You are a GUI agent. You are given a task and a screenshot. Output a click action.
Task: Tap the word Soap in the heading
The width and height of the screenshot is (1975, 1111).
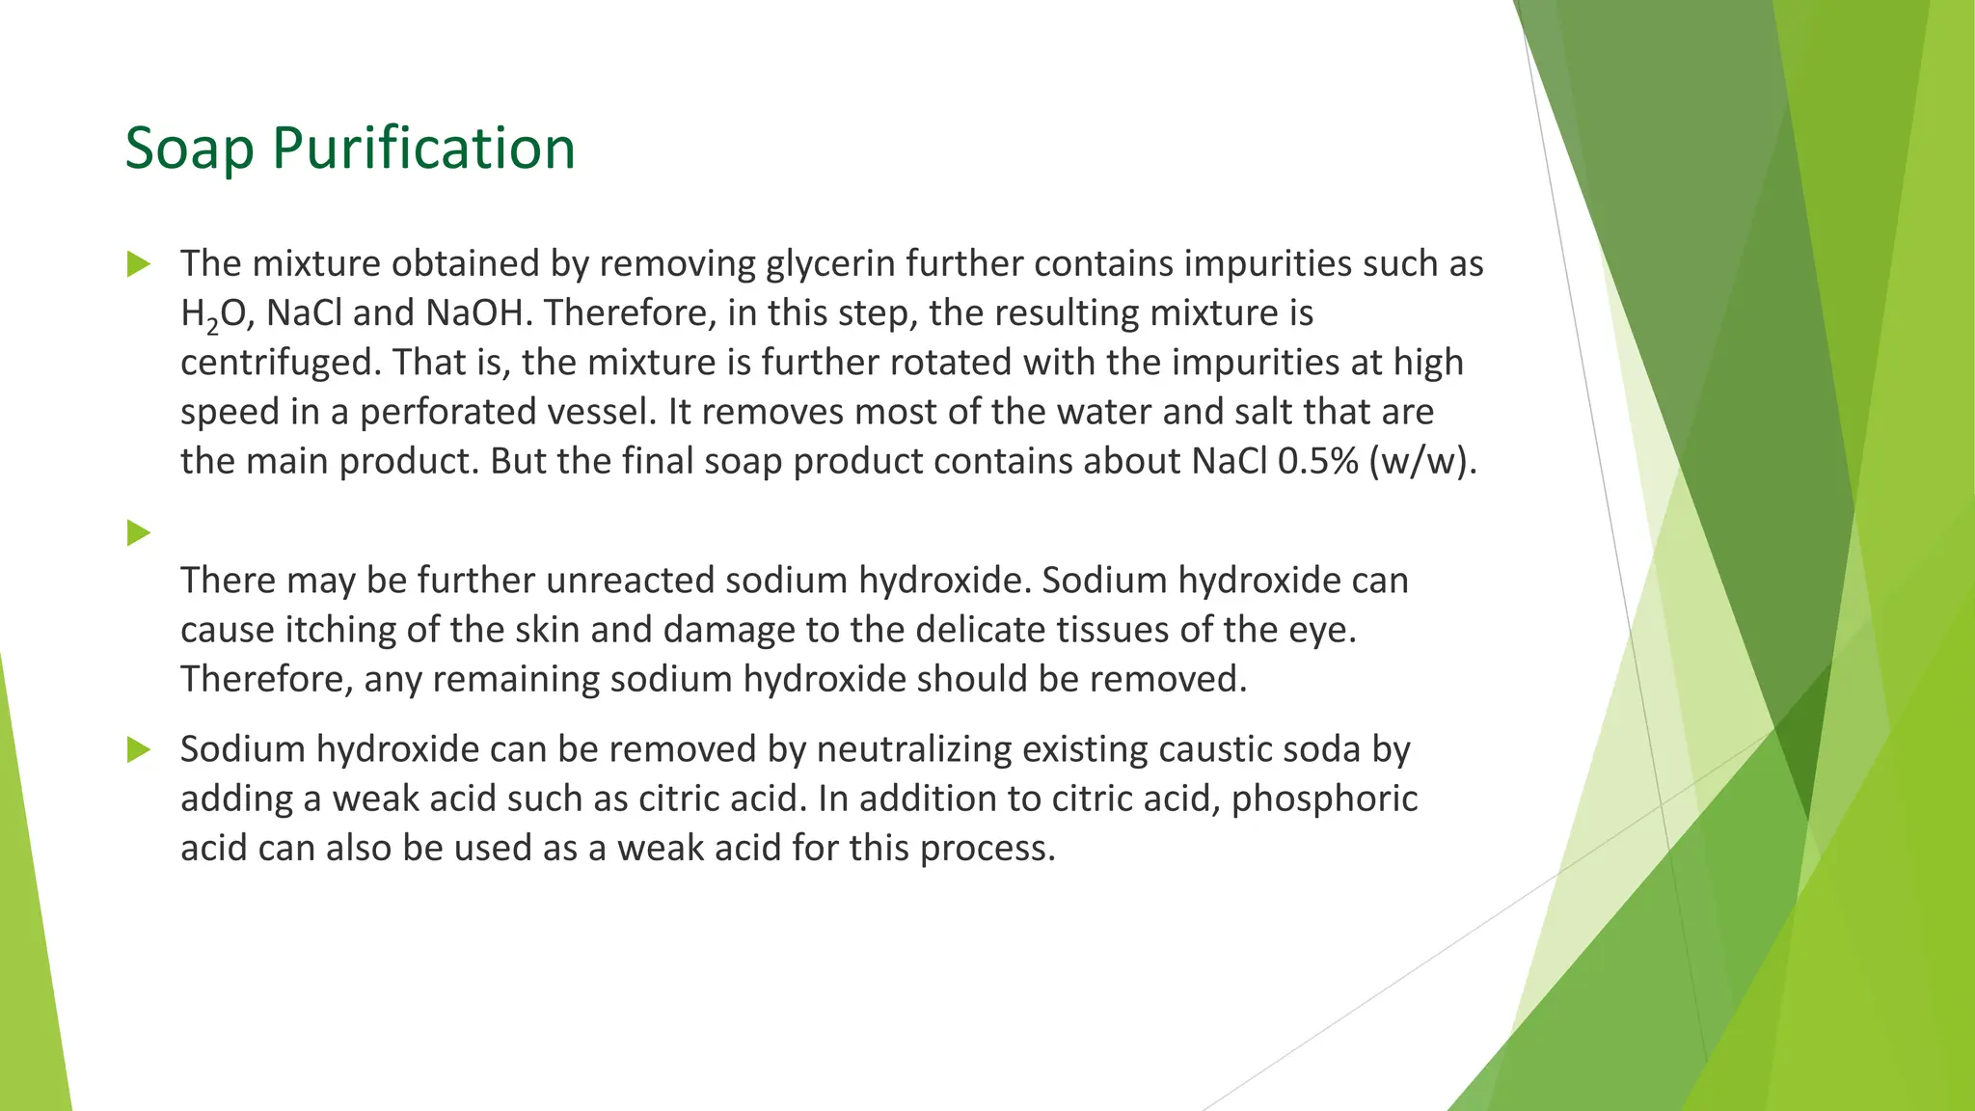(x=189, y=149)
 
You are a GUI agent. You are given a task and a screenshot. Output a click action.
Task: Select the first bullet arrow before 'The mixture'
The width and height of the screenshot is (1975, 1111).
(x=139, y=263)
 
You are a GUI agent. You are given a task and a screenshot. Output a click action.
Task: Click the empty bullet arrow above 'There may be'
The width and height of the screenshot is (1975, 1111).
(x=139, y=532)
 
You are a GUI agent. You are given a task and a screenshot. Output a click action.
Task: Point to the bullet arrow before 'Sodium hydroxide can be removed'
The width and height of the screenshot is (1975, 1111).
(x=139, y=749)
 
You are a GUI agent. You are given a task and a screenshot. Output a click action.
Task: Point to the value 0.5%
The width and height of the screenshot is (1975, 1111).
(x=1317, y=461)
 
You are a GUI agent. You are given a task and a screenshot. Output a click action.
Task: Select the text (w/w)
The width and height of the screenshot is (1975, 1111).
(x=1421, y=461)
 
